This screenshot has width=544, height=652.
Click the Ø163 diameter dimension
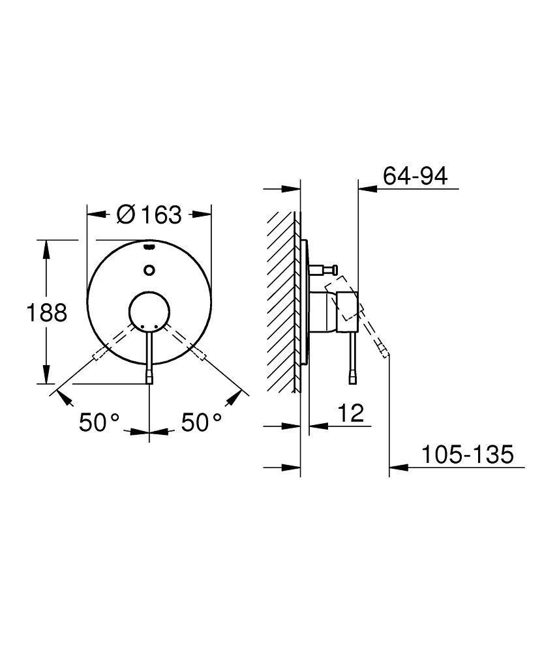[x=149, y=214]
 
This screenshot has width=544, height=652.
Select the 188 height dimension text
[x=46, y=313]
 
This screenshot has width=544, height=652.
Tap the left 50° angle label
[x=99, y=422]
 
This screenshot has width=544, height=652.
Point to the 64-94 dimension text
[x=415, y=176]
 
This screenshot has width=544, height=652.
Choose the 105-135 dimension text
[x=466, y=454]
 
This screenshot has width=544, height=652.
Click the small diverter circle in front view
[x=150, y=269]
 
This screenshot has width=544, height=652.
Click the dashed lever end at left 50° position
[x=98, y=354]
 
